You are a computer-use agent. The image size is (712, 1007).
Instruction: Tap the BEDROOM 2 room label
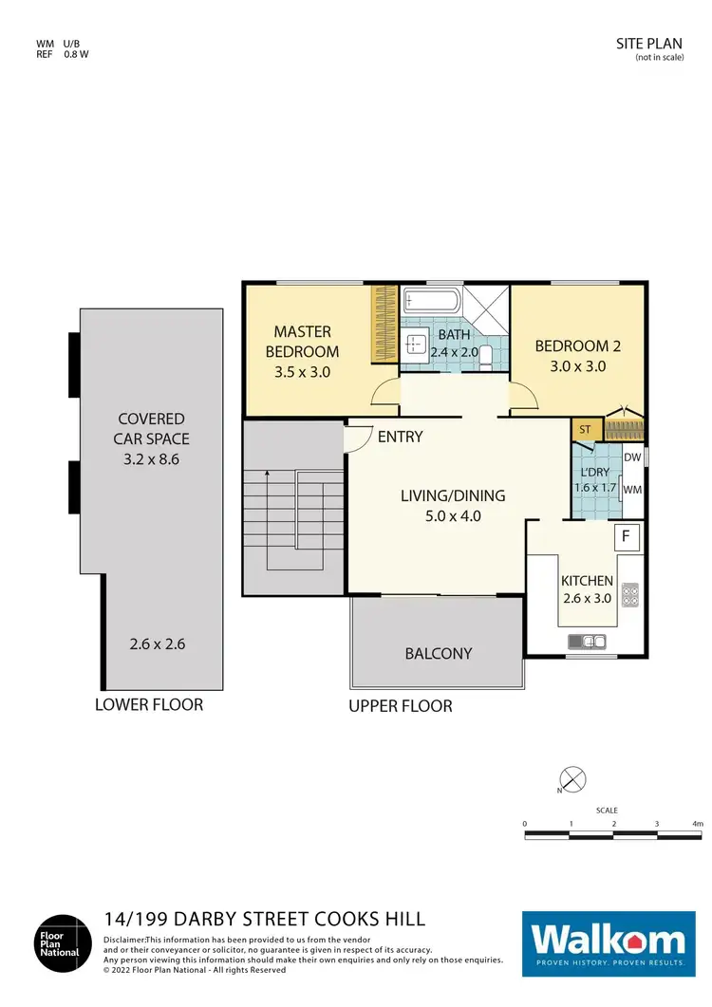click(577, 355)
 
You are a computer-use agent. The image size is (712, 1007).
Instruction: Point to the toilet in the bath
click(486, 356)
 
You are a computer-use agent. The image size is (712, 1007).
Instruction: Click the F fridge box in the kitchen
click(626, 536)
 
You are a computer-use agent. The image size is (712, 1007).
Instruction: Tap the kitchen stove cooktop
click(630, 595)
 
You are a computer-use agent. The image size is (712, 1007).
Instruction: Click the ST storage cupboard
click(585, 430)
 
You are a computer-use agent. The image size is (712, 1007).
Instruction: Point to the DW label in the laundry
click(632, 457)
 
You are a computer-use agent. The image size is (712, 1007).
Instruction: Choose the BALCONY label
click(438, 653)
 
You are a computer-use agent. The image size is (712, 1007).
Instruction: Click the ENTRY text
click(400, 437)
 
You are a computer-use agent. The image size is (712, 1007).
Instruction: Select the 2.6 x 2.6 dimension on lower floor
click(157, 643)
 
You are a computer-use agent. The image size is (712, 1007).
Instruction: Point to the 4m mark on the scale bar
click(698, 824)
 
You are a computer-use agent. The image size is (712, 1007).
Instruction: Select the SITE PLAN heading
click(648, 44)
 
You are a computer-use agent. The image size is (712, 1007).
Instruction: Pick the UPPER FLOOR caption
click(400, 705)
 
